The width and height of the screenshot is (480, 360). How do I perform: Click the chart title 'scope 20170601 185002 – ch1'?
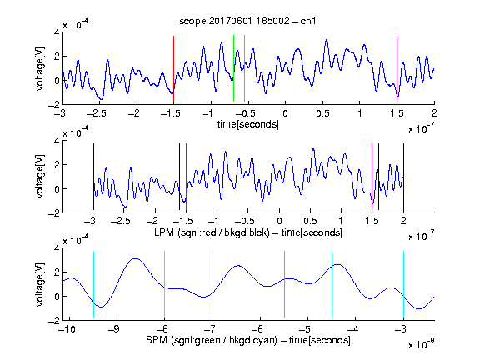coord(247,21)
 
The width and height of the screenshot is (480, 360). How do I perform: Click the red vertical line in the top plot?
coord(173,69)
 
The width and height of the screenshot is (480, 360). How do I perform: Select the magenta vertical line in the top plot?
coord(397,69)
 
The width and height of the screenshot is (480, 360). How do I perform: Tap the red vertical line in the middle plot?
coord(186,177)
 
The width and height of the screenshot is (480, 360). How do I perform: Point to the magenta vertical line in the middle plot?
coord(372,177)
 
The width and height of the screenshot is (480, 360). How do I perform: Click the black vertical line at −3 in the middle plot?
coord(93,177)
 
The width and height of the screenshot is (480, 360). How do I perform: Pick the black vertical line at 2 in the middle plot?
coord(403,177)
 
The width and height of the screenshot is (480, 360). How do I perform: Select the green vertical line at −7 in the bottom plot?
coord(212,284)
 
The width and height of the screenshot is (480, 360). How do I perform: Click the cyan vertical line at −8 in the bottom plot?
coord(164,284)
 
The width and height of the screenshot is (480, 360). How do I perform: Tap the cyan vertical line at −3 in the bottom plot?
coord(403,284)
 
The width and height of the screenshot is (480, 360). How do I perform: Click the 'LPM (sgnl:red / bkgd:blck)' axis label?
coord(212,232)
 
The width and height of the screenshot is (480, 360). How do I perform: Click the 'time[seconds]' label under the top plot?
coord(248,124)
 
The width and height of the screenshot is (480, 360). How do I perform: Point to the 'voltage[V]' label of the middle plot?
coord(40,177)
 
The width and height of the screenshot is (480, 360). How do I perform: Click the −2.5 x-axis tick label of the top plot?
coord(96,113)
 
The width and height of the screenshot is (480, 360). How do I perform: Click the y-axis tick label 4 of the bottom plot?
coord(57,248)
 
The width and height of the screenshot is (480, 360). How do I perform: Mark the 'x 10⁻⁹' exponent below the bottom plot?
coord(421,344)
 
